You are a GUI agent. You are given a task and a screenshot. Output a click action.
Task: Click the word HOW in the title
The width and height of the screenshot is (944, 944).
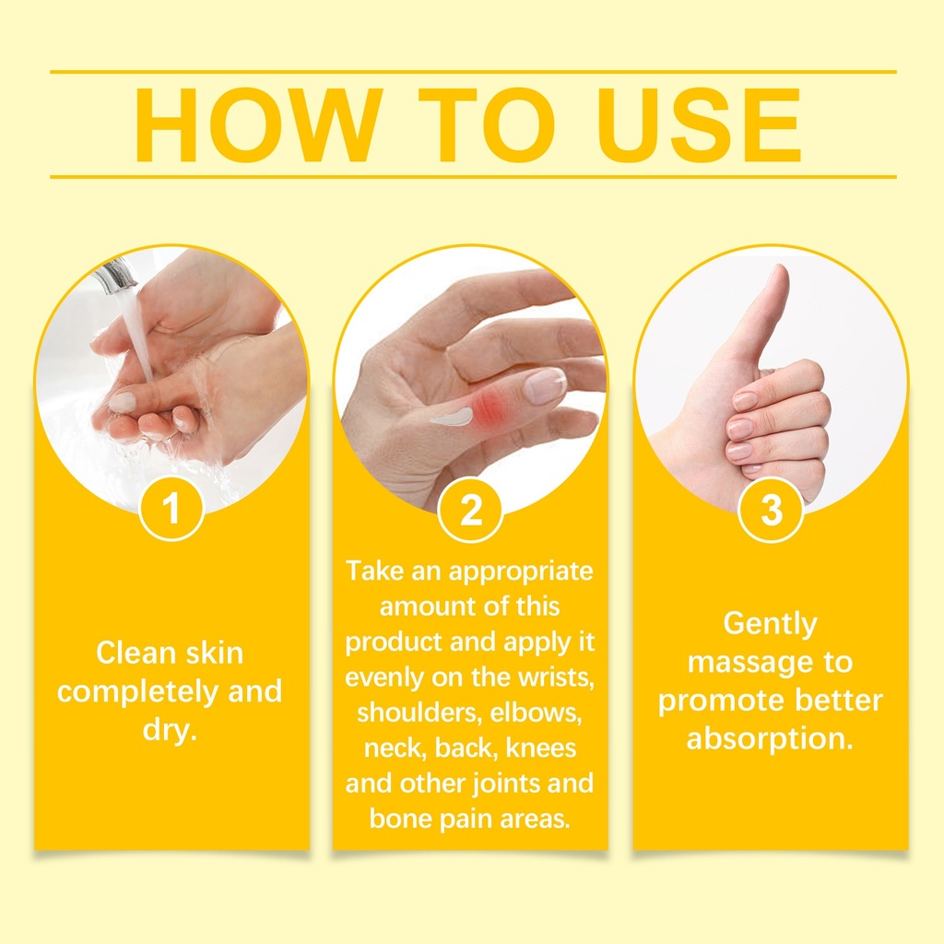258,125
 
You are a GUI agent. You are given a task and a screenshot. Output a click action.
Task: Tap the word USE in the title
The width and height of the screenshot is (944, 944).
700,125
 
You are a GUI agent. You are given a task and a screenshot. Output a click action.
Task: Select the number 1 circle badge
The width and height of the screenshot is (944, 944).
171,508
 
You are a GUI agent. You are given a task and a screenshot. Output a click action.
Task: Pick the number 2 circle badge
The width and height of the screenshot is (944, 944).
470,509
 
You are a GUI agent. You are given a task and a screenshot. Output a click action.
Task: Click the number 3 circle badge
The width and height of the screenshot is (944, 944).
772,509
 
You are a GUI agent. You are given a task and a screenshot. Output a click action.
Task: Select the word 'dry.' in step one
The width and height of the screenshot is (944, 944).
171,730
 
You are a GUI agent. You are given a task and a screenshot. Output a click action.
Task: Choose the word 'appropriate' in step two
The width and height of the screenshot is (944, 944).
521,572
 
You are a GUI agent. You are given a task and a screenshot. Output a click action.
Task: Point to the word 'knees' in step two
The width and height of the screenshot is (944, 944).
541,748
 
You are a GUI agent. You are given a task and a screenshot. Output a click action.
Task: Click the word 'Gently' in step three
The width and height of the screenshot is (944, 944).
770,624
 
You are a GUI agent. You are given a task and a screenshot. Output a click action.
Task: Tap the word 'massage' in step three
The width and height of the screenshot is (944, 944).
743,662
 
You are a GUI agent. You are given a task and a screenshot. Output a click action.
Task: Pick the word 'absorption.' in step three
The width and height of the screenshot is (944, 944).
770,739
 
